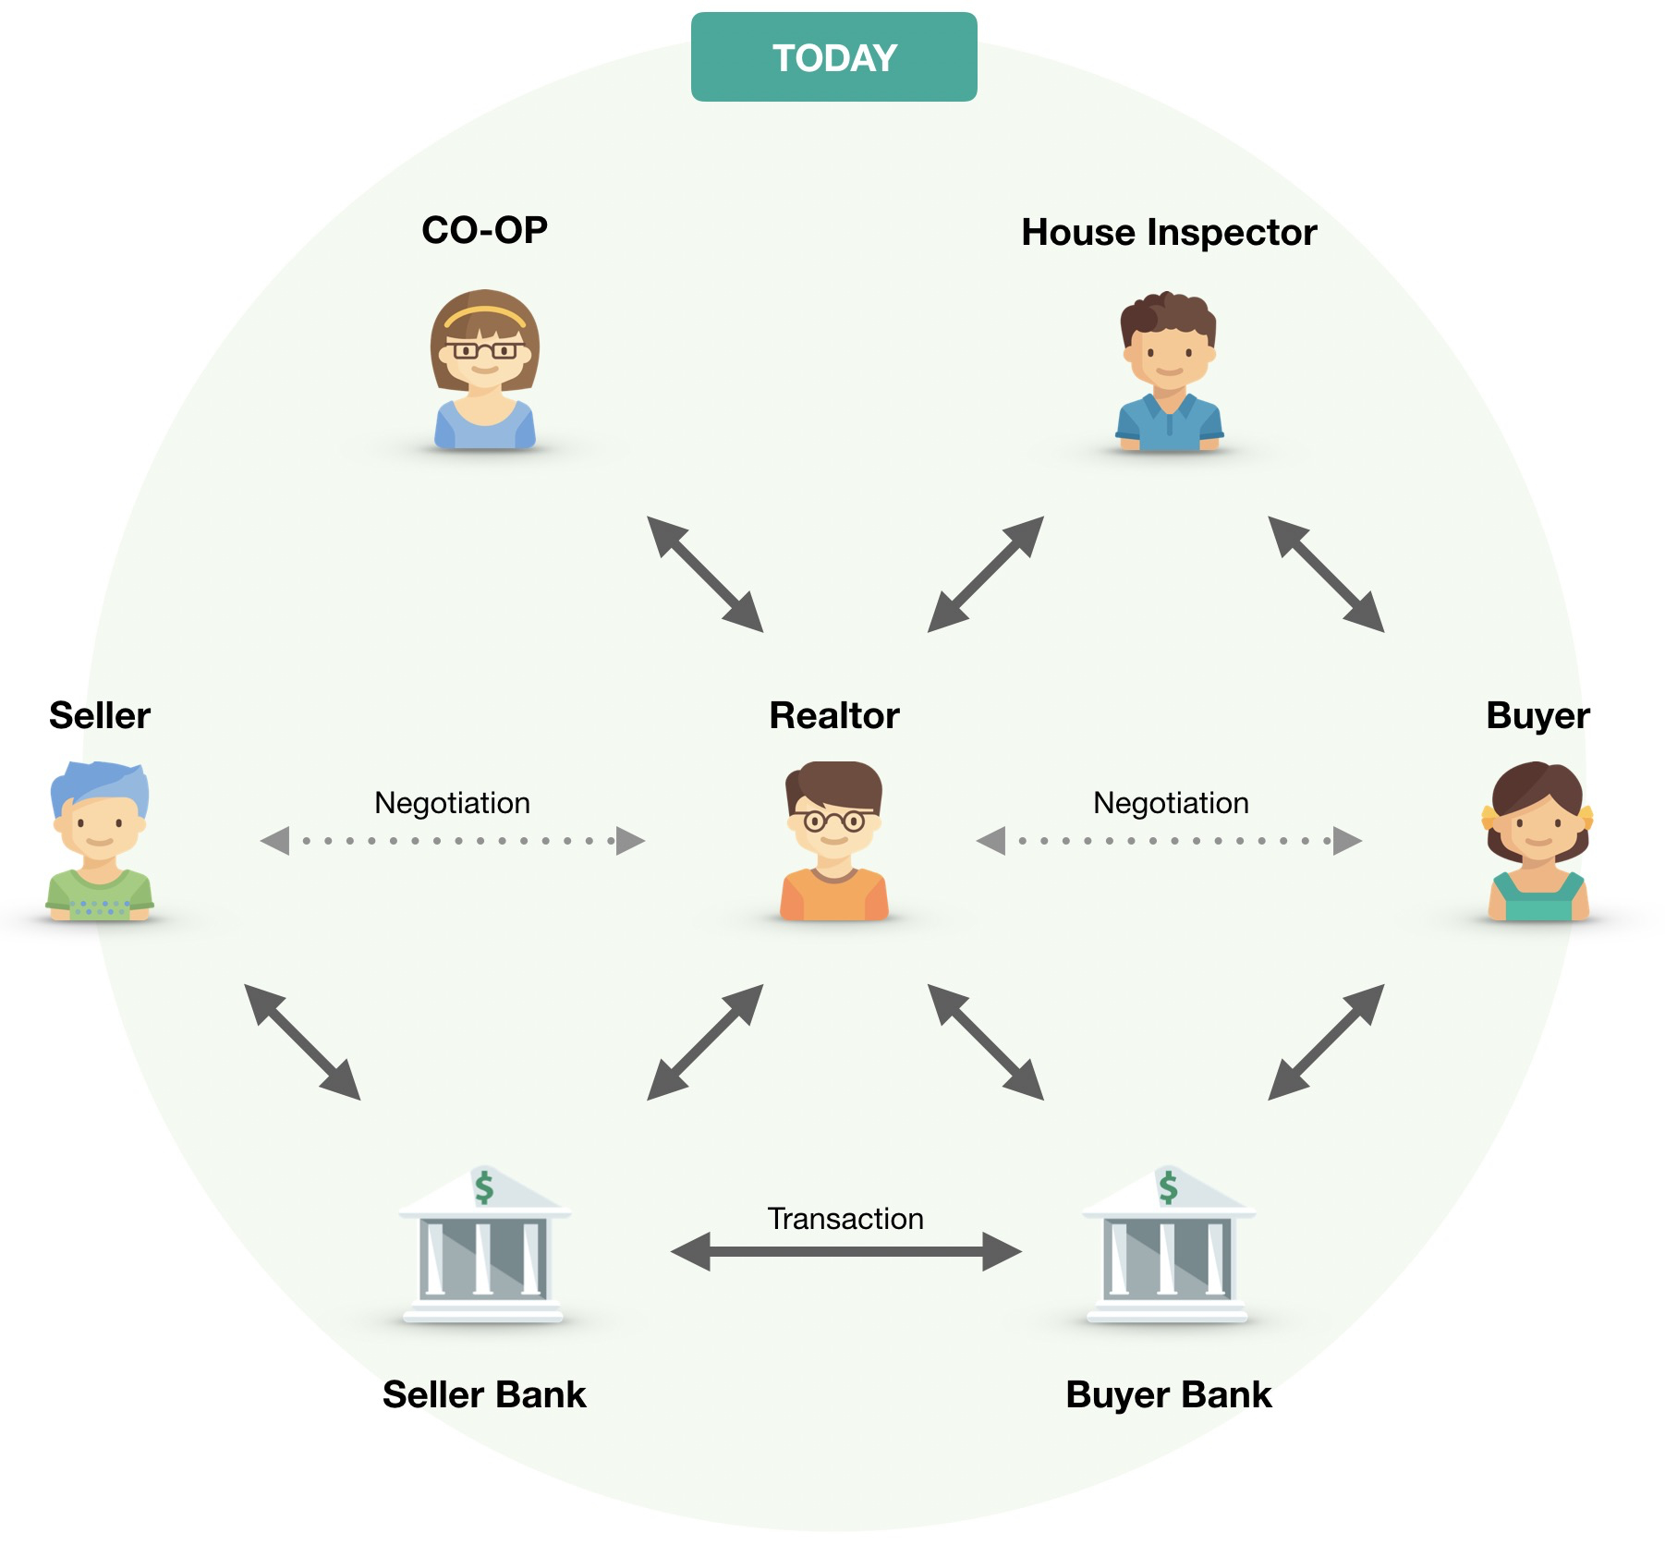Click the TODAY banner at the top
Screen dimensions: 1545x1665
pos(833,57)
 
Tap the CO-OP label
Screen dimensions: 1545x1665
pos(484,230)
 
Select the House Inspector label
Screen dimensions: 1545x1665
pos(1168,233)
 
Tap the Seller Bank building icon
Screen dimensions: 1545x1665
pos(484,1247)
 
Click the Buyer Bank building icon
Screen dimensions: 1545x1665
pos(1168,1247)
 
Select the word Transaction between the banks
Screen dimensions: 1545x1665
pos(845,1219)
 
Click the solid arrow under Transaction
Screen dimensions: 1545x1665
pos(845,1252)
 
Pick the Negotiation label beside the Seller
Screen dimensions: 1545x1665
pos(452,803)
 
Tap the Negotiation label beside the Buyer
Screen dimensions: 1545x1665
pos(1171,803)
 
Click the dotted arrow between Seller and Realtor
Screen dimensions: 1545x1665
pos(452,841)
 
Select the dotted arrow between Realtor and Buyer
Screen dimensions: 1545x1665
pos(1169,841)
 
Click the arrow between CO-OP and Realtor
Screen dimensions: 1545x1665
pos(705,574)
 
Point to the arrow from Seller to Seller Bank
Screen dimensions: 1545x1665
pos(302,1041)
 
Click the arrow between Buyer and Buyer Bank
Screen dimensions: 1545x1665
pos(1326,1041)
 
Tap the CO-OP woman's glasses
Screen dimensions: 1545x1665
pos(484,350)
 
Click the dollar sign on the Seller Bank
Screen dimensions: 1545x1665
pos(484,1187)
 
